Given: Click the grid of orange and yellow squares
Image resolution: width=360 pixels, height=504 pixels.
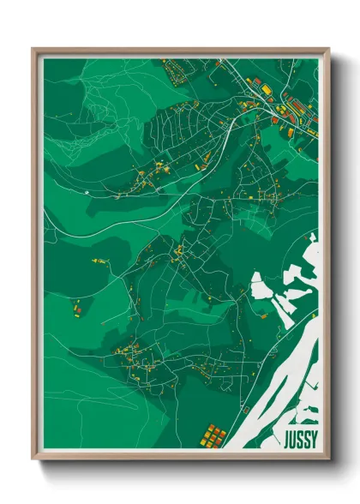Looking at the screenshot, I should (x=213, y=435).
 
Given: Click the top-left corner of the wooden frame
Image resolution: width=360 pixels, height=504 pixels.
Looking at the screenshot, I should (x=33, y=49).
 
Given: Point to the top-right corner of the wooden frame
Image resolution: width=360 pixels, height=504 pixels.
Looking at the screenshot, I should (x=328, y=49).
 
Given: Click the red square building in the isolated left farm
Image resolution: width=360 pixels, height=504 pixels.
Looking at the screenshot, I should (x=75, y=307).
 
